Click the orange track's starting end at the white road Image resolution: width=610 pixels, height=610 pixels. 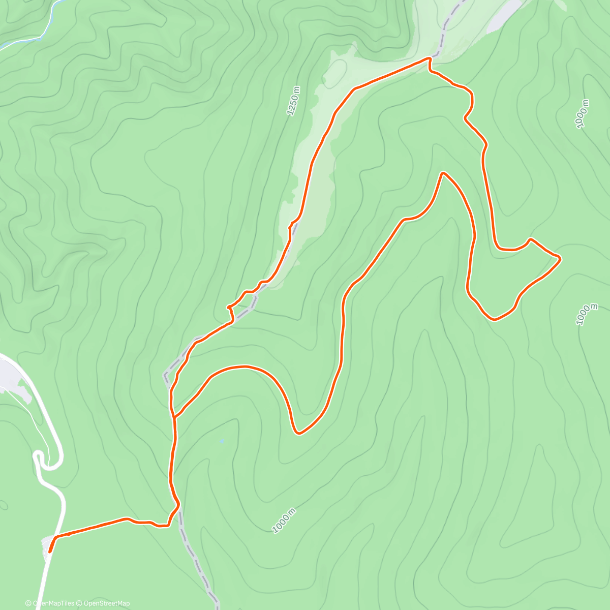(50, 551)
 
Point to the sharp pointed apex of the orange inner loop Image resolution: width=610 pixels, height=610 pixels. (443, 173)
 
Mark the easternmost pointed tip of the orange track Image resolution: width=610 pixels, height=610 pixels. (560, 259)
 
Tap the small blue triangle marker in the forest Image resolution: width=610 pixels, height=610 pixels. (222, 441)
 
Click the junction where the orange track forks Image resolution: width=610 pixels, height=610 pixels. (174, 417)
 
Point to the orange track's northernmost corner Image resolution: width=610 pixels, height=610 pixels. (429, 59)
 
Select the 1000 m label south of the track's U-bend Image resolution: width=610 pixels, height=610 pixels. (284, 521)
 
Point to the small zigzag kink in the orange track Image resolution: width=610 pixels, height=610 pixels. (230, 310)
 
